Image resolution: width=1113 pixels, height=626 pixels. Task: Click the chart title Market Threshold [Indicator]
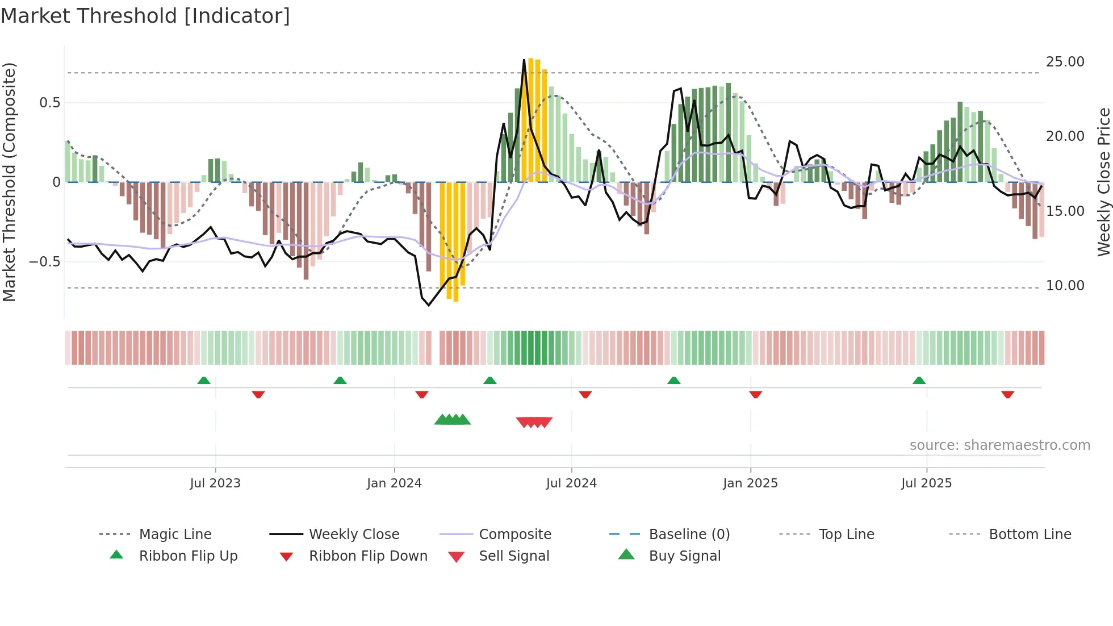point(145,16)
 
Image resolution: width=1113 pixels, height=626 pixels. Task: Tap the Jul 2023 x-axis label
point(215,483)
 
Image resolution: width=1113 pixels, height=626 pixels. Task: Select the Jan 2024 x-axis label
point(394,483)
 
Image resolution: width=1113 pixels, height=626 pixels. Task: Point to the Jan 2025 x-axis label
point(750,483)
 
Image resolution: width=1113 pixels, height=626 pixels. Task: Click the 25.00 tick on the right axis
point(1065,62)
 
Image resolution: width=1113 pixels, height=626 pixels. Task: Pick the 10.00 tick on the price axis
point(1065,286)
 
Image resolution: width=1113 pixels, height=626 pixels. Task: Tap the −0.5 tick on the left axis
point(44,262)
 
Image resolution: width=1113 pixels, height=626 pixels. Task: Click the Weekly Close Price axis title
point(1103,182)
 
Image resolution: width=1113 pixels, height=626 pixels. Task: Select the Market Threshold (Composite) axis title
point(9,182)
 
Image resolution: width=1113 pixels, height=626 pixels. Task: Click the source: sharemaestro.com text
point(999,445)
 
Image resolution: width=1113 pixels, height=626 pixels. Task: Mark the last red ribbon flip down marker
point(1007,394)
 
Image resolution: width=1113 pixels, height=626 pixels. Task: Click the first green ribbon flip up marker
point(204,380)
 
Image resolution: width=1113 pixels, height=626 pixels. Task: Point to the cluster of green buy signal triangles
point(453,420)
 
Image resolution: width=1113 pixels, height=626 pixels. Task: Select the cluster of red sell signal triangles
point(534,422)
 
